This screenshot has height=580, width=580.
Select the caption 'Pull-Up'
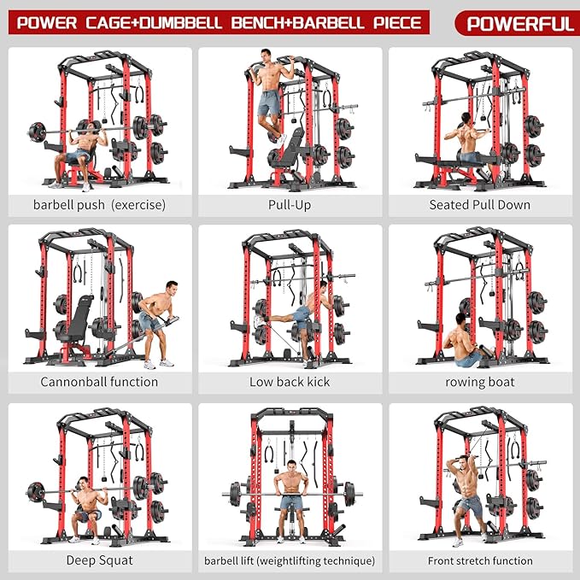[289, 205]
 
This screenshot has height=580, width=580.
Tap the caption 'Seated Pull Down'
[479, 205]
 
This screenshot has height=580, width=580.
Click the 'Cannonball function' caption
[99, 382]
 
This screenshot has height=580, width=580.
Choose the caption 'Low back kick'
[289, 382]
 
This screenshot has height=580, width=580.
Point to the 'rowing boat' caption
[479, 382]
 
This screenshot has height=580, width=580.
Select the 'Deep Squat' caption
[99, 560]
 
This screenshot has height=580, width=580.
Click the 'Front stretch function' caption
[479, 560]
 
